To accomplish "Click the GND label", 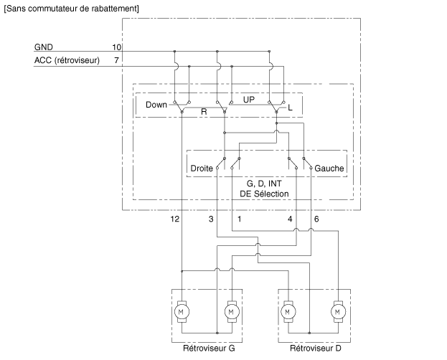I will click(43, 47).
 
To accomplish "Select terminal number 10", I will click(117, 47).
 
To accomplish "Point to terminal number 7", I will click(117, 60).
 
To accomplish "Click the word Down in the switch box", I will click(156, 105).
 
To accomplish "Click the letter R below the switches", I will click(204, 113).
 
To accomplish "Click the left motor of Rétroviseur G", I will click(182, 311).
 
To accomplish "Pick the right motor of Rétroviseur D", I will click(337, 311).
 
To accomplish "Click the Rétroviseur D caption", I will click(315, 349).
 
